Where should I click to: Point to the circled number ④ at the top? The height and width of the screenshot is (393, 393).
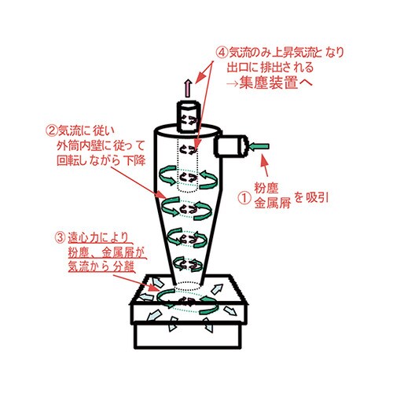click(x=222, y=52)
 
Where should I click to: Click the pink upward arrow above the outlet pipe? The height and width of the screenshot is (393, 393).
click(x=186, y=84)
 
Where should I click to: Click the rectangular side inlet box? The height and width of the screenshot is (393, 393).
click(x=230, y=145)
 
